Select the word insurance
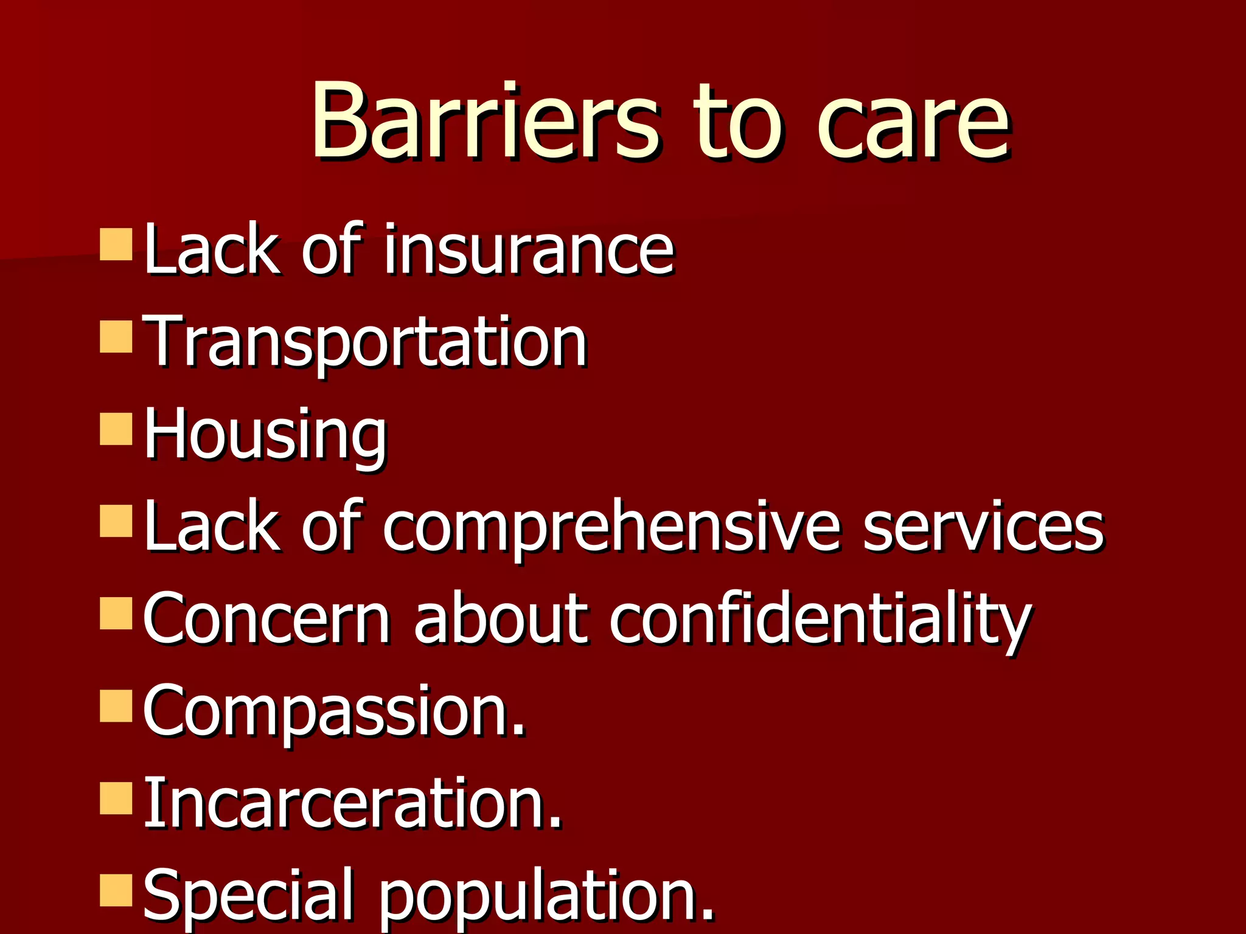[x=529, y=249]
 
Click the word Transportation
[x=365, y=342]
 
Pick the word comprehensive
[x=612, y=527]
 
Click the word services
[x=983, y=527]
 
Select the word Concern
[x=266, y=619]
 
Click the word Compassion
[x=333, y=711]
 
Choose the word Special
[x=248, y=896]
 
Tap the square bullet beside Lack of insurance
[x=116, y=244]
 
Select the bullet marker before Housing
[x=116, y=429]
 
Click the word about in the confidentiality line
[x=500, y=619]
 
